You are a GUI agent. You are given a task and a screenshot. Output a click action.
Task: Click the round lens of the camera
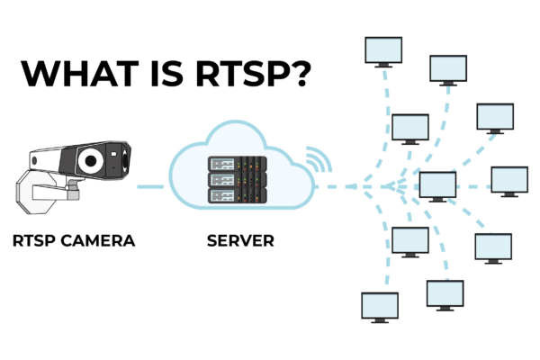(x=90, y=160)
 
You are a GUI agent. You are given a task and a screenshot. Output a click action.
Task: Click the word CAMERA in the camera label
(x=101, y=240)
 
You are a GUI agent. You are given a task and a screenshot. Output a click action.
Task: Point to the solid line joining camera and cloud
(x=152, y=188)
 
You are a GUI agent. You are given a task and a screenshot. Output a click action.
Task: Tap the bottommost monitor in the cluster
(x=379, y=307)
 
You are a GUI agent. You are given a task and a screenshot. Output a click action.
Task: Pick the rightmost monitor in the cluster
(x=509, y=180)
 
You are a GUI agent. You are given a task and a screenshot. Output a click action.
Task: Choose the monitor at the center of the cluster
(x=438, y=186)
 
